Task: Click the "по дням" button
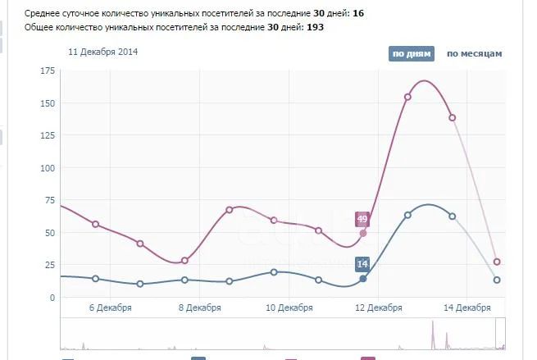[x=410, y=54]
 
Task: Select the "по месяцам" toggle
[x=474, y=54]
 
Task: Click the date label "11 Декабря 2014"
[x=103, y=52]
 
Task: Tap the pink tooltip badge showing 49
[x=362, y=219]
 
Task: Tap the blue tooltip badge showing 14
[x=362, y=264]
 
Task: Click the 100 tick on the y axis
[x=46, y=168]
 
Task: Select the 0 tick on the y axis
[x=50, y=298]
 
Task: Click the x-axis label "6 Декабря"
[x=110, y=309]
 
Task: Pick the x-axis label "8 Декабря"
[x=199, y=309]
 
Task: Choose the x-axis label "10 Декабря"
[x=289, y=309]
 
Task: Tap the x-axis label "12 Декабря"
[x=379, y=309]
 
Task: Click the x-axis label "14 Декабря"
[x=468, y=309]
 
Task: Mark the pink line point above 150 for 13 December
[x=407, y=97]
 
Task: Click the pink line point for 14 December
[x=453, y=117]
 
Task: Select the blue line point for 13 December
[x=407, y=215]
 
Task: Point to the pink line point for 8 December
[x=184, y=261]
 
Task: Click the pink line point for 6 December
[x=95, y=224]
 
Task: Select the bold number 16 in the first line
[x=358, y=14]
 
